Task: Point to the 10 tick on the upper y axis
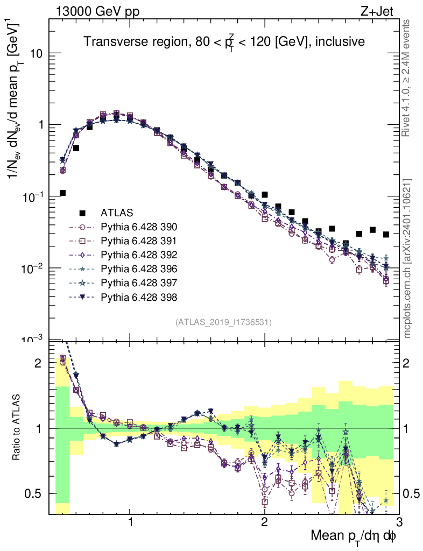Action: (x=36, y=54)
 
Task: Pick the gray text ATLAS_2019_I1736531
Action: (x=223, y=322)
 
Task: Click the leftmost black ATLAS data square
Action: (x=63, y=193)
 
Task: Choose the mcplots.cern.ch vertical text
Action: (x=408, y=258)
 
